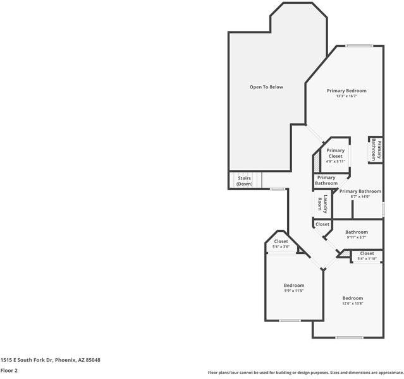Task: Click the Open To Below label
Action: click(x=266, y=87)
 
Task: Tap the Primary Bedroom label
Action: click(x=346, y=91)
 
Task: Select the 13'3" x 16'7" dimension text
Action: click(x=346, y=97)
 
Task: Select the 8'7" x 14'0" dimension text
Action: click(x=360, y=196)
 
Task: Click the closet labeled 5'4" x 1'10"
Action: click(x=367, y=253)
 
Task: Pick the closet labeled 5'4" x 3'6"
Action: click(x=281, y=241)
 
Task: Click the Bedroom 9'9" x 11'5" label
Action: click(x=293, y=286)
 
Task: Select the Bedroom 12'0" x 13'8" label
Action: click(x=353, y=298)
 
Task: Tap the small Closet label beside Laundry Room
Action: click(x=322, y=224)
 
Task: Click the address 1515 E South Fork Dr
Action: click(x=50, y=359)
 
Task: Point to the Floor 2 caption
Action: click(x=9, y=370)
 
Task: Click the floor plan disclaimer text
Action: click(x=305, y=373)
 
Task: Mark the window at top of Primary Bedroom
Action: click(x=358, y=45)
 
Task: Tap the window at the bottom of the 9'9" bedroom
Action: click(x=290, y=321)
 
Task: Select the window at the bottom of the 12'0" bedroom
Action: click(x=348, y=337)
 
